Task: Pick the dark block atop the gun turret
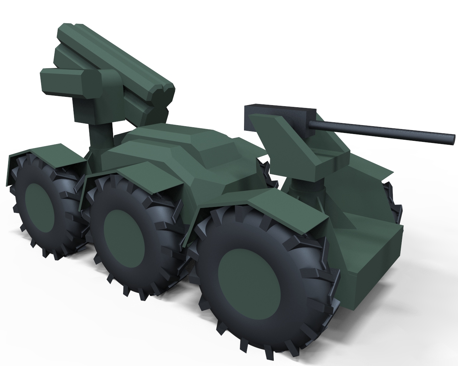pos(279,111)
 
